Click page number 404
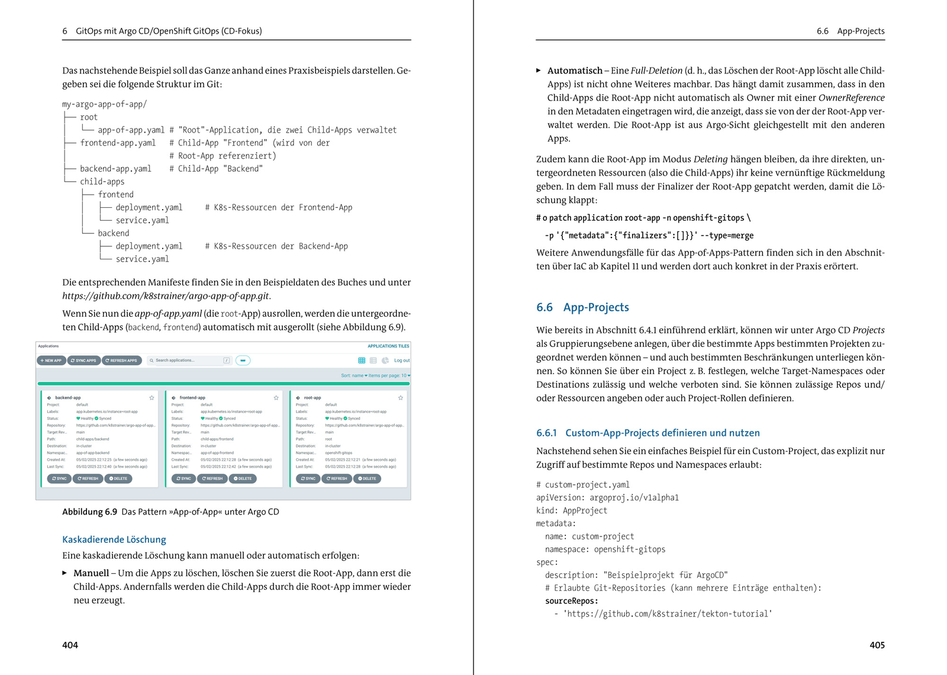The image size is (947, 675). (x=70, y=645)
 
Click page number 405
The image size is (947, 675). (x=877, y=645)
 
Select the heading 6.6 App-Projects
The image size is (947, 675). (x=582, y=307)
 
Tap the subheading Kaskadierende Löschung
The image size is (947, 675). (x=114, y=539)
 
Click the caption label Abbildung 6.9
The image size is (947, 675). (x=89, y=512)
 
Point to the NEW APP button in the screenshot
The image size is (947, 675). (x=51, y=361)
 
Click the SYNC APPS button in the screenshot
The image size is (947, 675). (x=83, y=361)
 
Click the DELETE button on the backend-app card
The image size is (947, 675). (x=118, y=478)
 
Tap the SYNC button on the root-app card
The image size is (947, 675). (x=307, y=478)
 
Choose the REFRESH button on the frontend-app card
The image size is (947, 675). (x=212, y=478)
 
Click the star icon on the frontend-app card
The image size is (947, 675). (x=276, y=398)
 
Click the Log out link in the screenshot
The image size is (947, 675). (x=402, y=361)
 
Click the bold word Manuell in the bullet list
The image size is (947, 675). (x=91, y=573)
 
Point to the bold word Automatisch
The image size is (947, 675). (x=575, y=70)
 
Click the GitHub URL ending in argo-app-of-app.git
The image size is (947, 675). (x=166, y=296)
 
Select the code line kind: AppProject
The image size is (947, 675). (x=572, y=510)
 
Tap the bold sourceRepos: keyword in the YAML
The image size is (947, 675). (x=572, y=601)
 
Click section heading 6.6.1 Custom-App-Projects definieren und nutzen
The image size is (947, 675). (x=648, y=433)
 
